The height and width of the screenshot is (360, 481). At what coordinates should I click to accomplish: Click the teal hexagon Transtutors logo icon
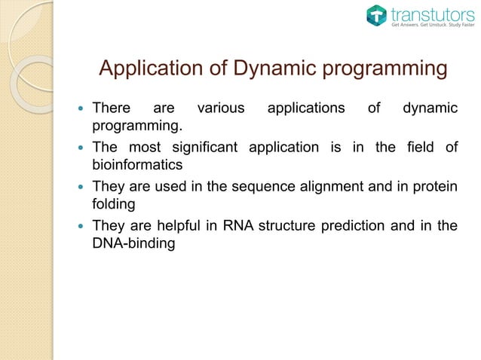[376, 16]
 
